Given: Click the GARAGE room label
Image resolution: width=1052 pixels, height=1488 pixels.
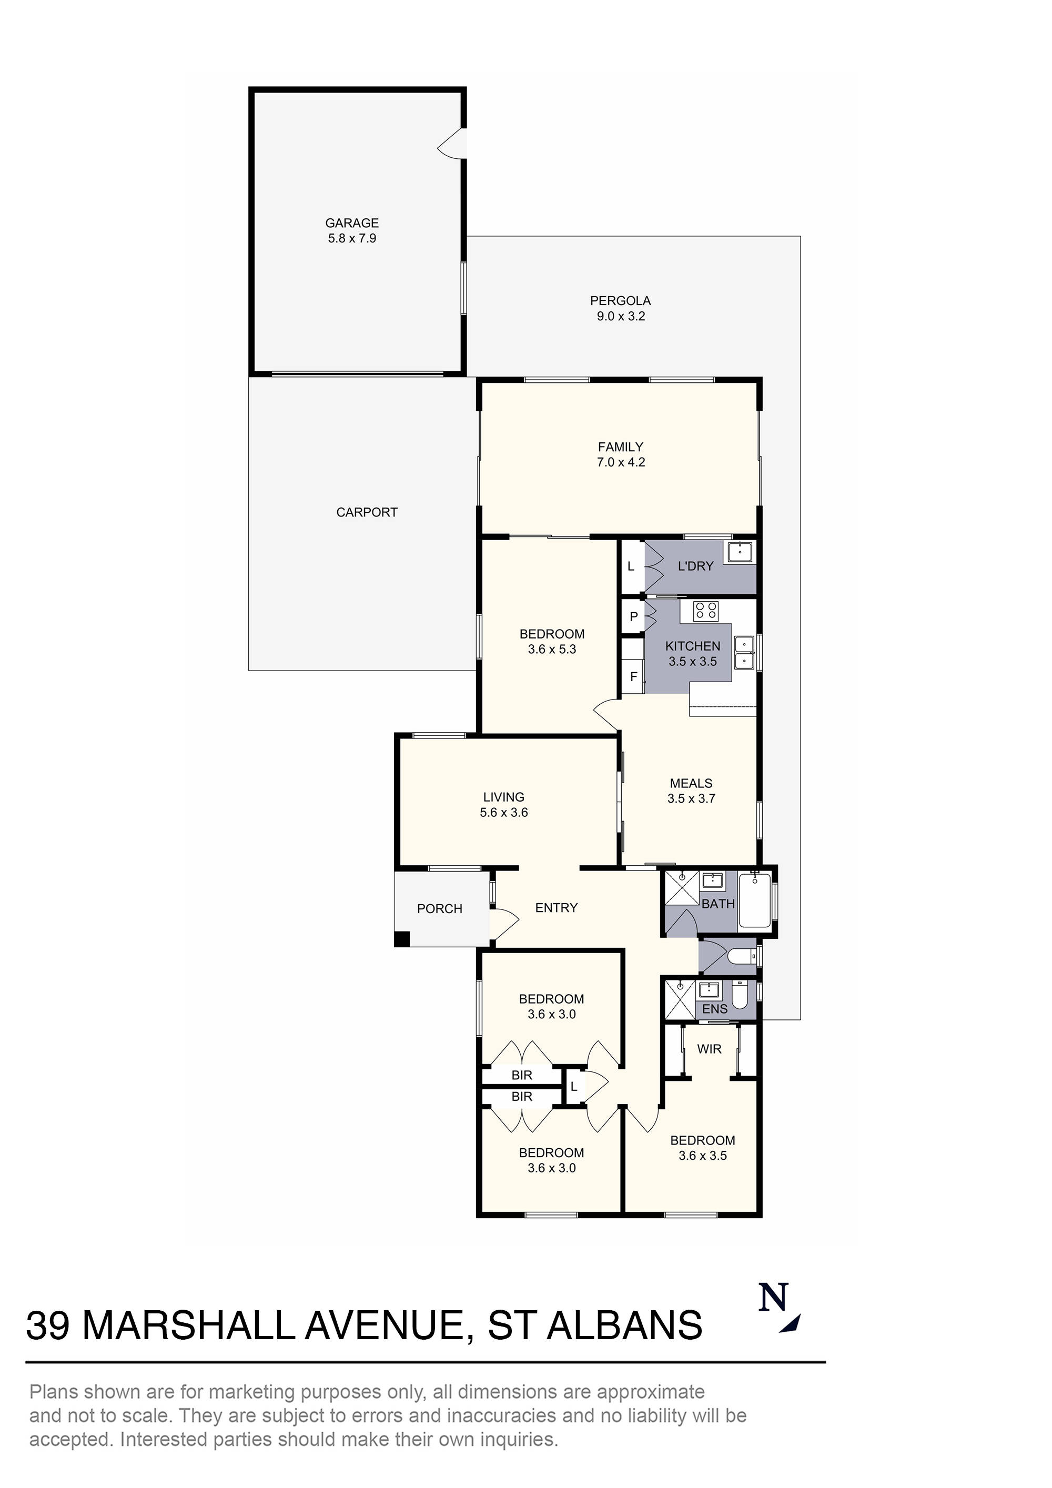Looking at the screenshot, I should tap(351, 223).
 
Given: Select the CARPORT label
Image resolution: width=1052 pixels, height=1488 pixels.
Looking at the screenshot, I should tap(366, 512).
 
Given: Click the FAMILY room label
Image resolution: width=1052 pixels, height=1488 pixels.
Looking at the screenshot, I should tap(620, 447).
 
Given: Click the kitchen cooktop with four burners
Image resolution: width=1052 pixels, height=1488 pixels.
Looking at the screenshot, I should tap(706, 611).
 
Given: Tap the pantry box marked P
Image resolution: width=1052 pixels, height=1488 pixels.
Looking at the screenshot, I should tap(633, 616).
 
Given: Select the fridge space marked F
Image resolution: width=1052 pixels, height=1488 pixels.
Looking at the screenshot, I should tap(633, 676).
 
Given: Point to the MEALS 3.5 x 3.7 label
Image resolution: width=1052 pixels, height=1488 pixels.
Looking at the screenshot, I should tap(691, 791).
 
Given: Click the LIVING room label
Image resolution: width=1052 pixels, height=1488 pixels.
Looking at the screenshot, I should tap(503, 797).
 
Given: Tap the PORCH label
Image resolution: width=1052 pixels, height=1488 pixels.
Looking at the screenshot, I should tap(439, 908).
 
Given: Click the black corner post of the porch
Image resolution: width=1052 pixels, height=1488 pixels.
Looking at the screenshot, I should tap(402, 938).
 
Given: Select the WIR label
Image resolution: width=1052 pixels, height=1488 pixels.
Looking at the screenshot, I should tap(709, 1049).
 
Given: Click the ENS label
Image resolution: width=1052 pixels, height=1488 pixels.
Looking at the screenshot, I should tap(714, 1009).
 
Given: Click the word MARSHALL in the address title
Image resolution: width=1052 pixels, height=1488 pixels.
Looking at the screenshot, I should tap(189, 1325).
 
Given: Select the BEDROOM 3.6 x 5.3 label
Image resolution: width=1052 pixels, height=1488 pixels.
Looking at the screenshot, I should tap(552, 642).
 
